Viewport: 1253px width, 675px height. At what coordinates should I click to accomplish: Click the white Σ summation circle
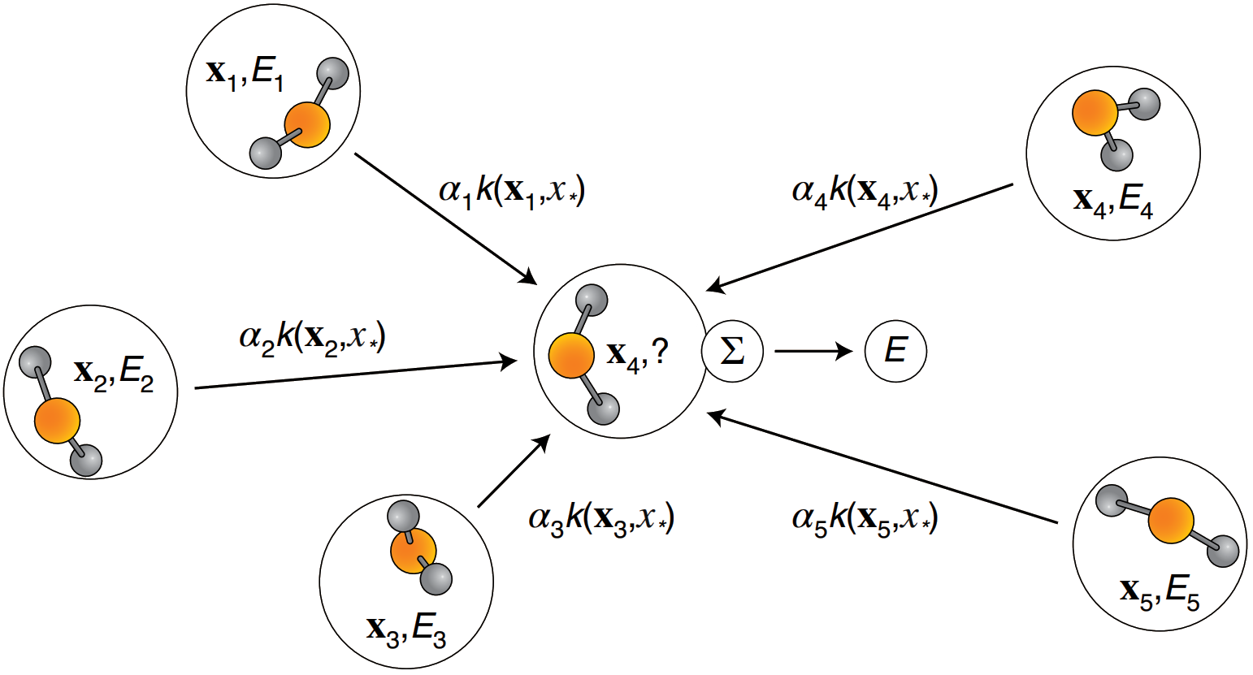point(732,353)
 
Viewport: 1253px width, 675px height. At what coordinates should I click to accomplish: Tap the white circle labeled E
point(895,352)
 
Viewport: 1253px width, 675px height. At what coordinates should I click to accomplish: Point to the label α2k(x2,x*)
point(313,336)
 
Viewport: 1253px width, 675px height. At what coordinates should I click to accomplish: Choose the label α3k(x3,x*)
point(601,518)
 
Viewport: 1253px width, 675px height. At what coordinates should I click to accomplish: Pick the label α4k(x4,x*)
point(865,193)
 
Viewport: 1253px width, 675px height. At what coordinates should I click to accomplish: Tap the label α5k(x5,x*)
point(865,518)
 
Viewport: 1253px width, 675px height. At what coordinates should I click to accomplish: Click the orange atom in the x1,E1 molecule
point(307,124)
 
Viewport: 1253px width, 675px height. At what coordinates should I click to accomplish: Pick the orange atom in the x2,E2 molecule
point(58,422)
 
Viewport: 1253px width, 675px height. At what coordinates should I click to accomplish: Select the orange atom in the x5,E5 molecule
point(1171,521)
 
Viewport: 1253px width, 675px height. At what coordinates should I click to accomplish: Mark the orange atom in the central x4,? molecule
point(571,357)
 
